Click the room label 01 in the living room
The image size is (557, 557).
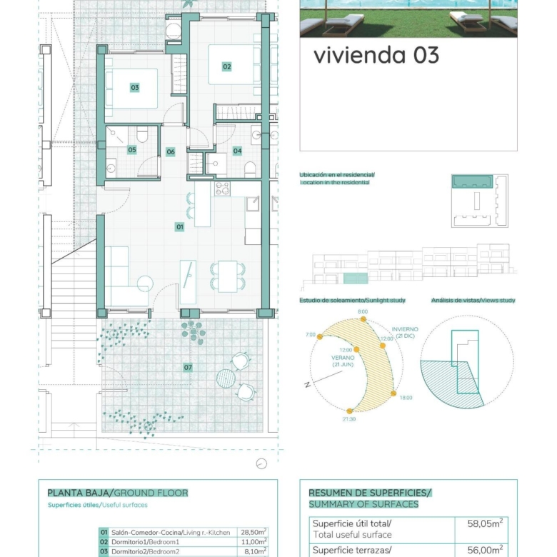pos(180,226)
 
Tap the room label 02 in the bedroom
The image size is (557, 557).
pos(226,66)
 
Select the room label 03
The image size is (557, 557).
pos(135,87)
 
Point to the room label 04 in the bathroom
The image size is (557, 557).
pos(237,151)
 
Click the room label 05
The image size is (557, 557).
pos(132,149)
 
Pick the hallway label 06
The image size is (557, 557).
pos(171,151)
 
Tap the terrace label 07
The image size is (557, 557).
pos(188,367)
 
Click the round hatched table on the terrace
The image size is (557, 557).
pos(226,378)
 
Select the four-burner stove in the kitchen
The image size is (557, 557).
pos(222,189)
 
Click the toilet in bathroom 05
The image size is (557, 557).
pos(142,136)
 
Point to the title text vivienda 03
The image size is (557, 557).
pos(376,56)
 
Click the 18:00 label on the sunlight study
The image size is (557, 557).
pos(406,398)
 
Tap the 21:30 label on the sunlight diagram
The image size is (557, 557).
pos(348,419)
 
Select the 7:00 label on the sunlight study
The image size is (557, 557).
pos(311,335)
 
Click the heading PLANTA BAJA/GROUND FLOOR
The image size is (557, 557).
pos(118,493)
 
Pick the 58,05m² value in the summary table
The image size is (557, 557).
pos(485,523)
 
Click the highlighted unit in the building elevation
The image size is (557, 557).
pos(356,278)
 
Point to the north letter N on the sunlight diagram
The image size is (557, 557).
pos(308,385)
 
